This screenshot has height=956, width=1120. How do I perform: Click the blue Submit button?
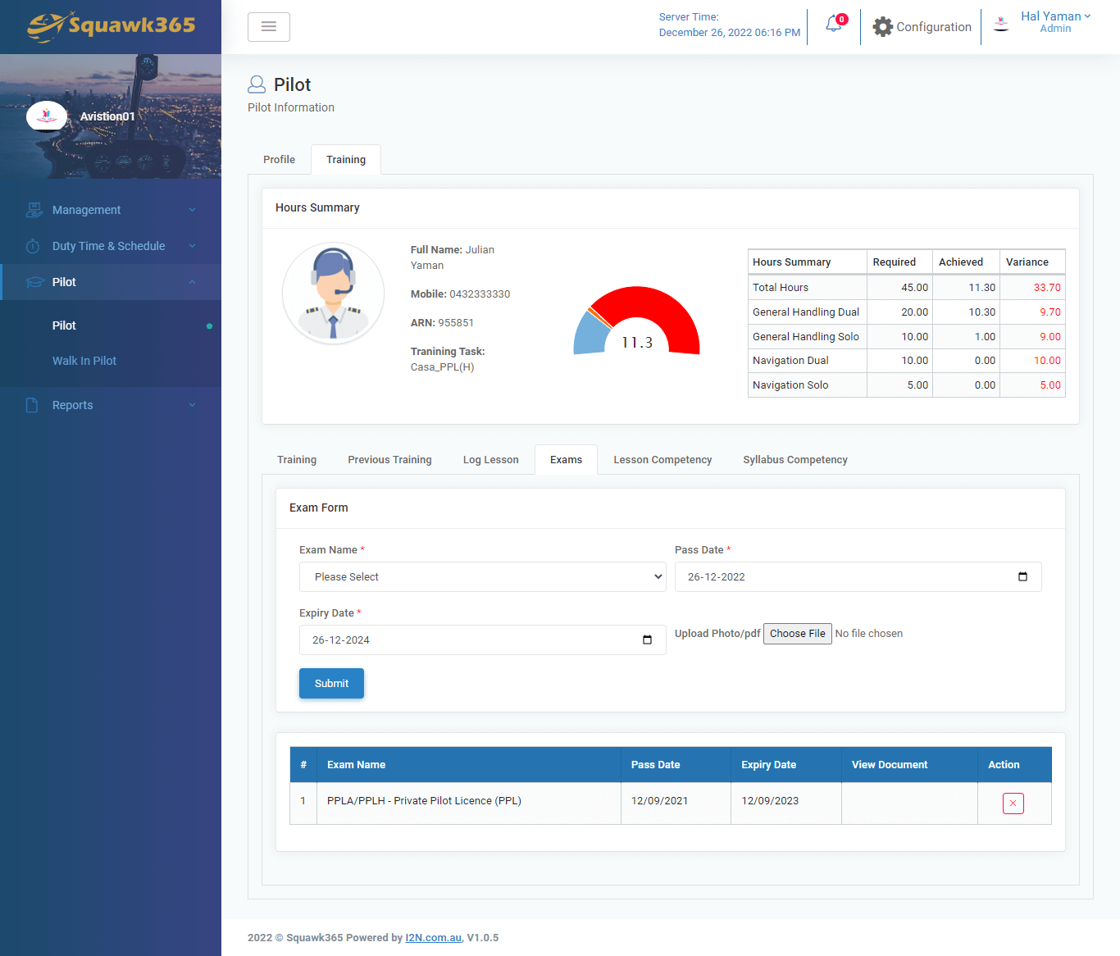(x=331, y=684)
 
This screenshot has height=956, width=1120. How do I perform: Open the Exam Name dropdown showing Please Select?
(x=482, y=577)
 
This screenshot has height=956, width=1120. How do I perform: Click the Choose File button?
(x=797, y=634)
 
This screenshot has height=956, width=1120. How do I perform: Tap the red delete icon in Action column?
(x=1013, y=803)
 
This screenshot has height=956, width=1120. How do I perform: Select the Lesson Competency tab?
(x=662, y=460)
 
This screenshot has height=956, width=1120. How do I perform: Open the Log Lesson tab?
(x=490, y=460)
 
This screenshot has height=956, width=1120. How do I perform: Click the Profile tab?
(x=279, y=160)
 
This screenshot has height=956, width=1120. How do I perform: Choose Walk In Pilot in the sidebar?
(x=84, y=361)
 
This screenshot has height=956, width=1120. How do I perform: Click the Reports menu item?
(x=73, y=405)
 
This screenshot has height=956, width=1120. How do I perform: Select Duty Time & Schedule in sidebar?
(x=108, y=246)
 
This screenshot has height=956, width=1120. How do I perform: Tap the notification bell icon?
(x=834, y=25)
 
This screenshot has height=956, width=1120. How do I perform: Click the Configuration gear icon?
(x=882, y=27)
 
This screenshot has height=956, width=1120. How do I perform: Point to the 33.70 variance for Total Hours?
(x=1047, y=288)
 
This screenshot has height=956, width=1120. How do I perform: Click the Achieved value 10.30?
(x=981, y=312)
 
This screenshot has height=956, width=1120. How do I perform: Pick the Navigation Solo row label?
(x=790, y=385)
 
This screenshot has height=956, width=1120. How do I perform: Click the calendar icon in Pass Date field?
(x=1022, y=577)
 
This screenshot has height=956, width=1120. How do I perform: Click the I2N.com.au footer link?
(x=433, y=938)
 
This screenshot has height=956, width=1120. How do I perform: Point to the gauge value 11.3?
(x=637, y=343)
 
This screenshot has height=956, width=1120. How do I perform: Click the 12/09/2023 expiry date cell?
(x=770, y=801)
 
